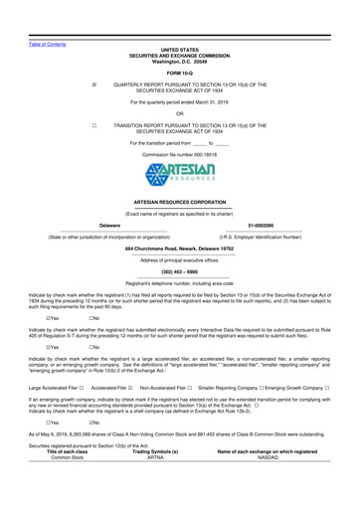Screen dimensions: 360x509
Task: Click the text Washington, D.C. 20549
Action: [x=180, y=33]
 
